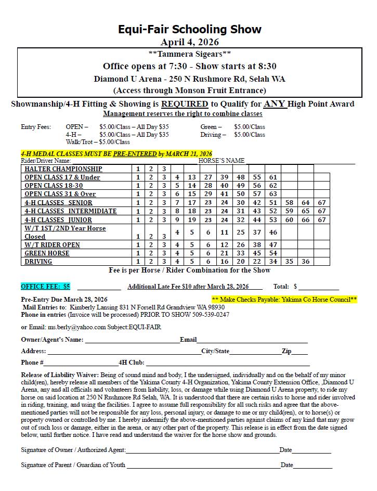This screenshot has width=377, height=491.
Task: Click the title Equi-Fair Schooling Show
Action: tap(189, 29)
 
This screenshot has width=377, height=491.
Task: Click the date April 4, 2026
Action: tap(189, 42)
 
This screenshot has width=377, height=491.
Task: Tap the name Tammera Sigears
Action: tap(190, 54)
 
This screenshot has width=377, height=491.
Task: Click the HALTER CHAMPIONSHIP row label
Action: tap(63, 169)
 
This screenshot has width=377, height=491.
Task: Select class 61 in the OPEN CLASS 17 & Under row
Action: tap(274, 177)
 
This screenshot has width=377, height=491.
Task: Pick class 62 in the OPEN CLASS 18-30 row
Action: tap(274, 186)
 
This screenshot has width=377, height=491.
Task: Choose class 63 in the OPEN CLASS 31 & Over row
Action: tap(274, 194)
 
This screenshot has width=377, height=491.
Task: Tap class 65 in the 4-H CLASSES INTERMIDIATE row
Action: tap(306, 211)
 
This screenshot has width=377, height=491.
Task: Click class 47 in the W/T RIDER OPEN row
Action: tap(274, 244)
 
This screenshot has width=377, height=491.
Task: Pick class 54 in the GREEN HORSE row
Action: tap(274, 253)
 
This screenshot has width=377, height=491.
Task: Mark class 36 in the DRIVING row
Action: tap(306, 261)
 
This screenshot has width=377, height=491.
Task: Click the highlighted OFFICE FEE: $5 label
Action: tap(46, 287)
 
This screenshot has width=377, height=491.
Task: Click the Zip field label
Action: tap(287, 351)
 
